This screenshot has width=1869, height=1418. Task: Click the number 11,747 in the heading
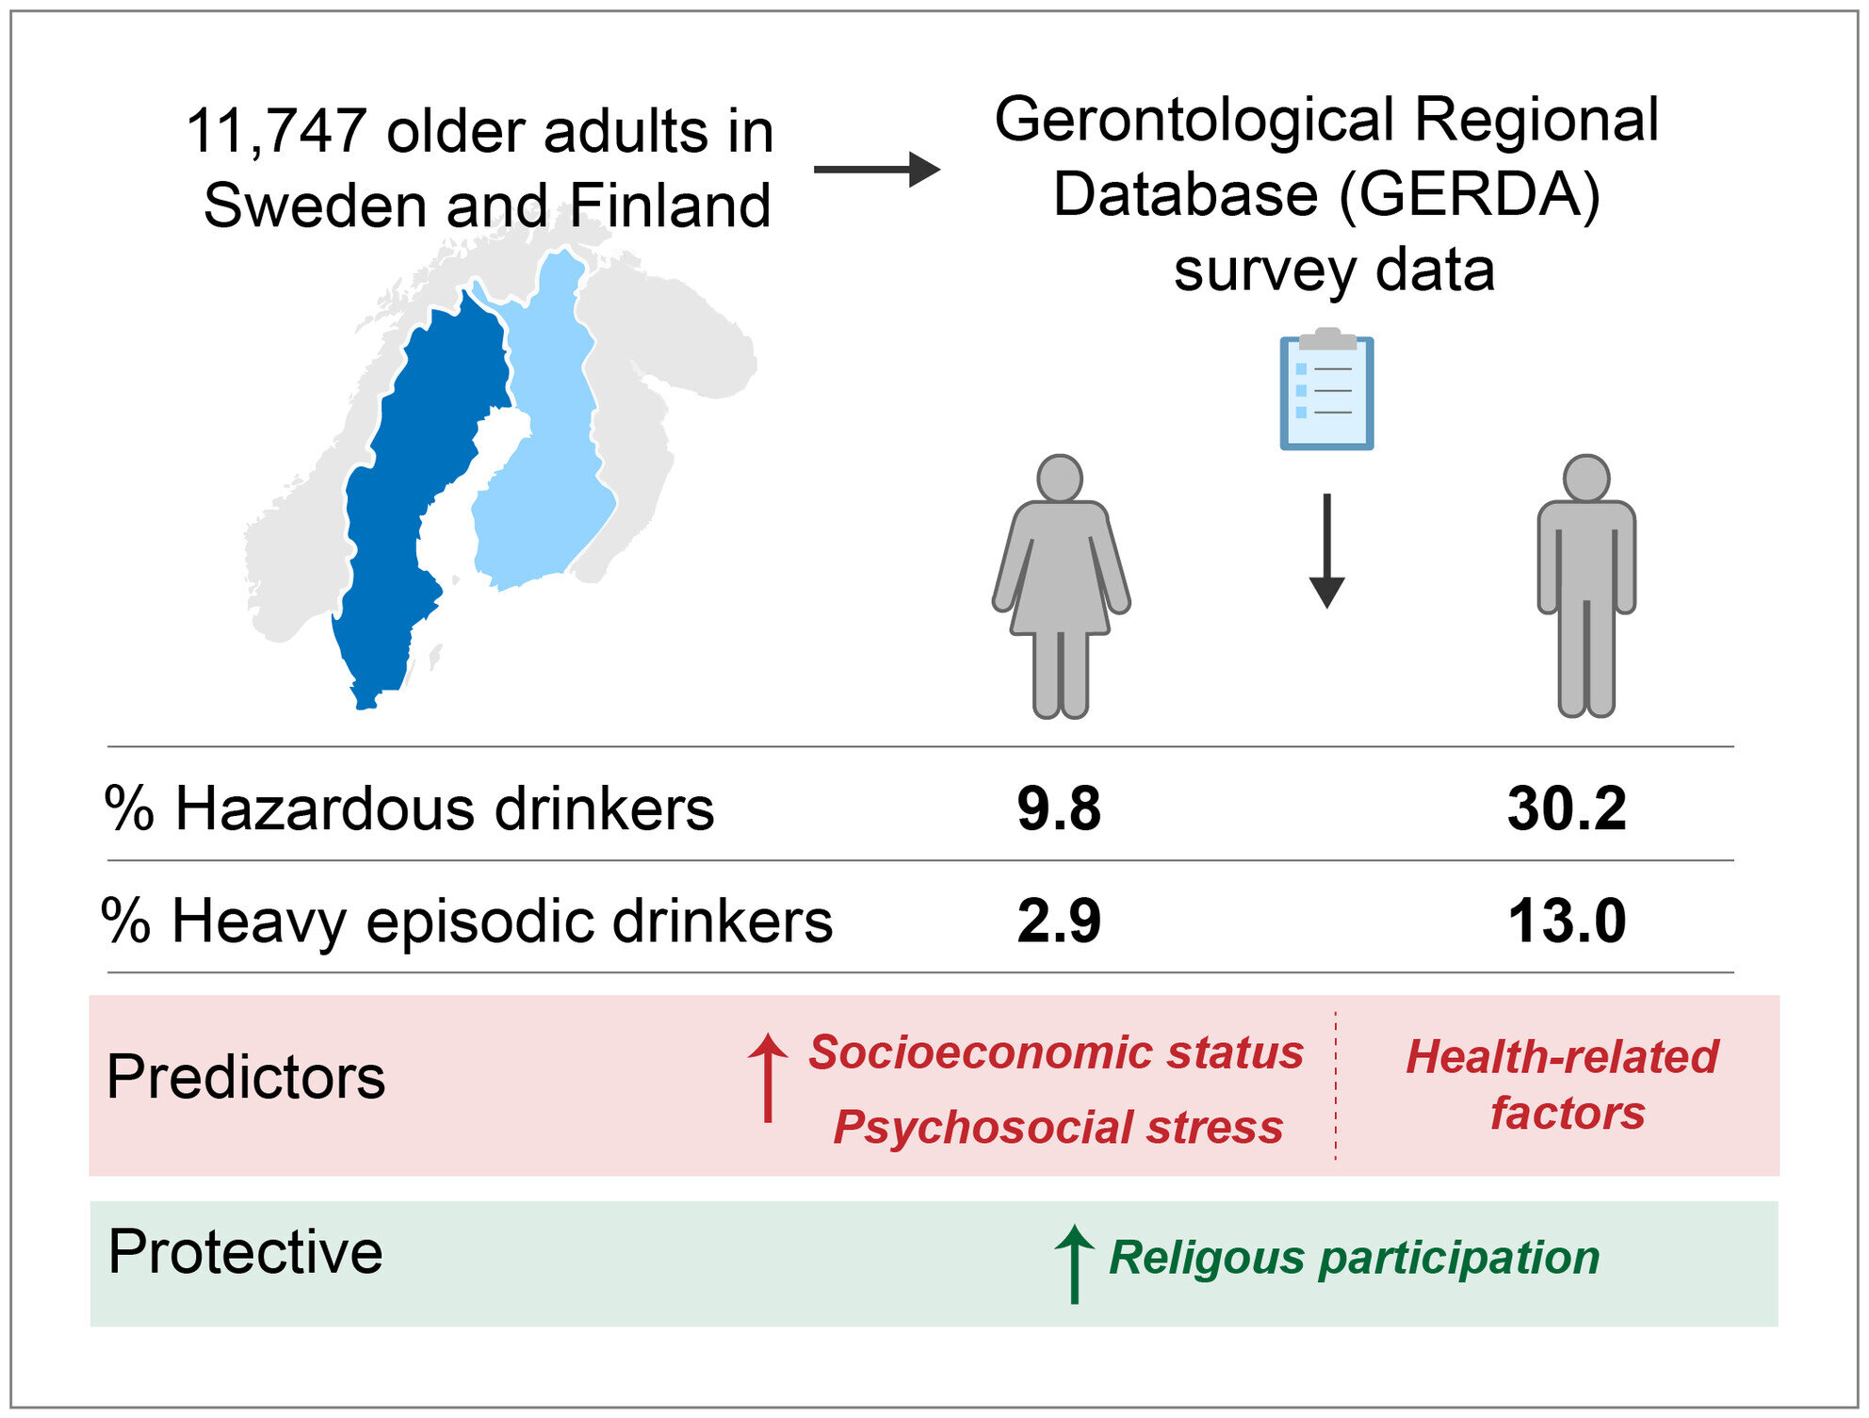point(275,131)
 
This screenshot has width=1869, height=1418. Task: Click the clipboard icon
point(1326,390)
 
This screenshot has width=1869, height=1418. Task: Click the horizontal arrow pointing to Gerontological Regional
point(876,170)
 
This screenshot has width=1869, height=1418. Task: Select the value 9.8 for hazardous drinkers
point(1059,808)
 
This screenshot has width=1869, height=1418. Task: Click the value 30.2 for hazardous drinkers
point(1567,808)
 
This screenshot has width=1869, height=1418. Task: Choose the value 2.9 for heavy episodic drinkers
point(1059,921)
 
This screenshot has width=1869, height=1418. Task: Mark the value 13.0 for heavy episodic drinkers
point(1567,921)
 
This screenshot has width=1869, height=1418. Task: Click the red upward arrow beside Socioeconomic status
point(768,1077)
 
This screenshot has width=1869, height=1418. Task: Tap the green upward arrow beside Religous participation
point(1074,1263)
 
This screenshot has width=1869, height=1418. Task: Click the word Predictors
point(246,1077)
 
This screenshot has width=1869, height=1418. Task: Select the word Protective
point(246,1252)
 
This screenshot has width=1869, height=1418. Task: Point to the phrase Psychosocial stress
point(1058,1127)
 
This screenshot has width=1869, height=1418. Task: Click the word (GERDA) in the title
point(1469,195)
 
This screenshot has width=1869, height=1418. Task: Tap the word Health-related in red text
point(1562,1056)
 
